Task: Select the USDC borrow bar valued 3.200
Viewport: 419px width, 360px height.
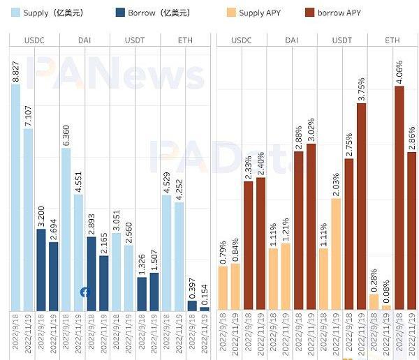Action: click(x=41, y=269)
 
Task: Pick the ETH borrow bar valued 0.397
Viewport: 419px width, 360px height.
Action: click(x=192, y=306)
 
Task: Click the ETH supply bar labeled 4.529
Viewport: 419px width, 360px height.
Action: click(x=166, y=253)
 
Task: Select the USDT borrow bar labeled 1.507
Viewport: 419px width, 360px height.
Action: click(x=154, y=292)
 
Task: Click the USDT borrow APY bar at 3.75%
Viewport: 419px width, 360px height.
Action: click(x=361, y=207)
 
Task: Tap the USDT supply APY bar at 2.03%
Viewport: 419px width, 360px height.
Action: click(x=336, y=254)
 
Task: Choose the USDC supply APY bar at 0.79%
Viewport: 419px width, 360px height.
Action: click(x=223, y=288)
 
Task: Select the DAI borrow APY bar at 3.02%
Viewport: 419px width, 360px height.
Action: click(x=311, y=227)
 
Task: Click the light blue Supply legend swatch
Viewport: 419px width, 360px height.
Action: click(x=15, y=13)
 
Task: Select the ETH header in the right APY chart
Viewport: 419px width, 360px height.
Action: click(x=392, y=40)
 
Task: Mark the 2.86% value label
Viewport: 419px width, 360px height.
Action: click(x=412, y=137)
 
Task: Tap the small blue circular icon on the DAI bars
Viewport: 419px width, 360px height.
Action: click(x=84, y=292)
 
